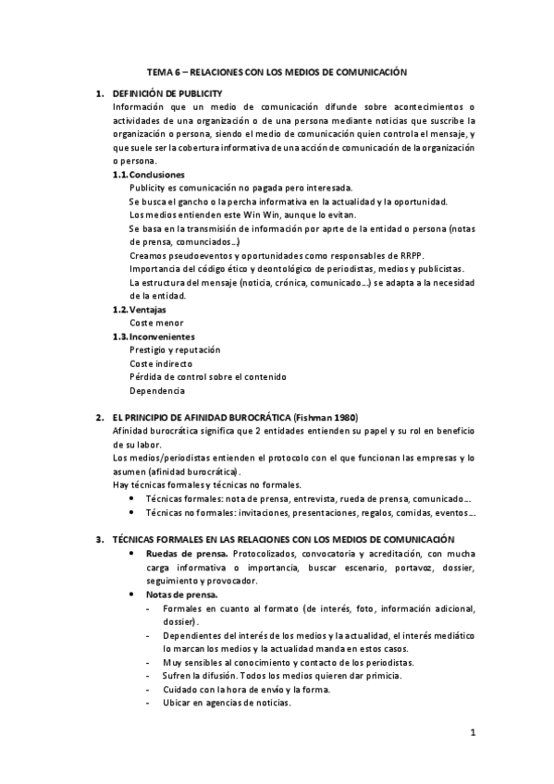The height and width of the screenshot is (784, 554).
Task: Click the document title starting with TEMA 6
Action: point(277,70)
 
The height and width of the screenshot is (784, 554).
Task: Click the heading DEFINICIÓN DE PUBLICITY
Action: point(166,94)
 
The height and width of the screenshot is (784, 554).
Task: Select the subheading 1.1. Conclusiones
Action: point(149,175)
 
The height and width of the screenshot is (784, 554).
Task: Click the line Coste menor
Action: point(155,323)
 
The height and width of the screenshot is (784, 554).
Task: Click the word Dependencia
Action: point(157,390)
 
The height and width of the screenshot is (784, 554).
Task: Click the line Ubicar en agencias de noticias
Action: point(227,703)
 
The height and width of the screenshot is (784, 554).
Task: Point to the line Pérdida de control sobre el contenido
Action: point(208,376)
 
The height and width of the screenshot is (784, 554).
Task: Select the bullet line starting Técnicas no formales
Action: point(310,511)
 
